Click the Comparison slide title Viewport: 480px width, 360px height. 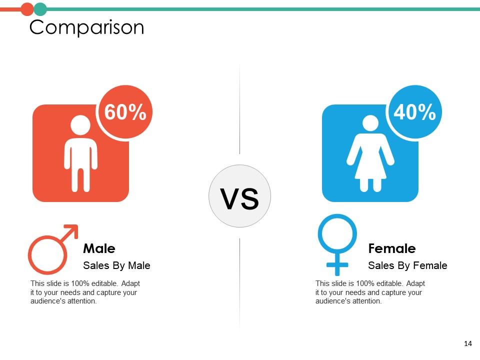click(x=86, y=27)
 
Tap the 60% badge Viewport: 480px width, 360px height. click(x=125, y=111)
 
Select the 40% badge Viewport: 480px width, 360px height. click(x=415, y=111)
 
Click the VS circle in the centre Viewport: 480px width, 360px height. click(x=239, y=196)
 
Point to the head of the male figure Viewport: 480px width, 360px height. click(x=80, y=125)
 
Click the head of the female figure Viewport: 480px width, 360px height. click(x=370, y=125)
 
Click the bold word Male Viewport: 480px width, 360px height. click(x=99, y=248)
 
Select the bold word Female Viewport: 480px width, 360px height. click(x=392, y=248)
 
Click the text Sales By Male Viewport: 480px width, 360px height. click(x=116, y=265)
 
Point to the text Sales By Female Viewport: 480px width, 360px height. click(x=407, y=265)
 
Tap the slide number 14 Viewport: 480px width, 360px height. click(x=468, y=343)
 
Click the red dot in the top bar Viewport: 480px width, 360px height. click(x=27, y=9)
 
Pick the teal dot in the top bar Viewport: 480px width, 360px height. click(x=40, y=9)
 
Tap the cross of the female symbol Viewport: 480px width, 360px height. click(x=337, y=265)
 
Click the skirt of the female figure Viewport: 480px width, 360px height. click(x=370, y=167)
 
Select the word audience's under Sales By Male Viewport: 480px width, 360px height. click(x=47, y=301)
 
